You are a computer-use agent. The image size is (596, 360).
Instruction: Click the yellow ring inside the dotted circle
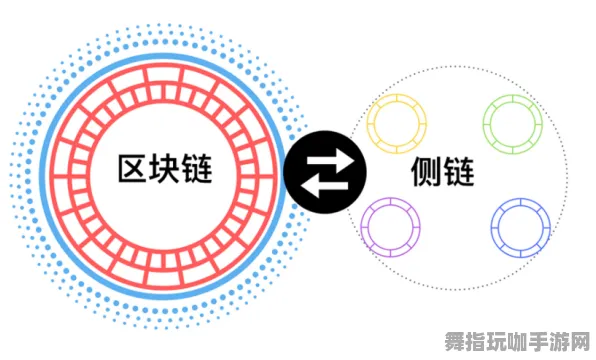click(397, 124)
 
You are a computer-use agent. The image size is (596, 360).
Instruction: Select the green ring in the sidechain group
click(513, 124)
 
